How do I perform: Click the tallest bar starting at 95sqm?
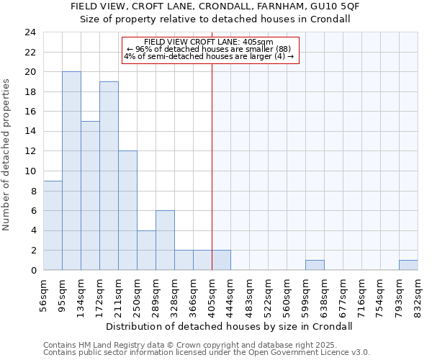tap(71, 171)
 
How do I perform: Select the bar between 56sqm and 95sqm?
tap(53, 225)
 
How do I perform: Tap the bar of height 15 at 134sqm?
tap(90, 196)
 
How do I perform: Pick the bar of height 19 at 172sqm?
tap(109, 176)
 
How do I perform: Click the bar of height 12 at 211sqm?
tap(127, 210)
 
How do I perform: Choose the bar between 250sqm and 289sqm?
tap(146, 251)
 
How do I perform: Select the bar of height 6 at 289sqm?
tap(165, 240)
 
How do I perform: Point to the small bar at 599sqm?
tap(315, 265)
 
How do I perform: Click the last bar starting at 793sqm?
tap(408, 265)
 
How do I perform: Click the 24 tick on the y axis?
tap(30, 32)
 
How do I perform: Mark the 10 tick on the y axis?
tap(30, 171)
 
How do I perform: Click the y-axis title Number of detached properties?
tap(7, 156)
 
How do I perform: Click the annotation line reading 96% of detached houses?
tap(209, 49)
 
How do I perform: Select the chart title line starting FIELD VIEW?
tap(215, 6)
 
